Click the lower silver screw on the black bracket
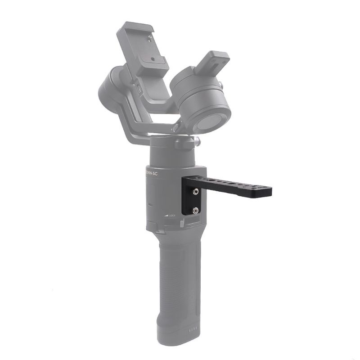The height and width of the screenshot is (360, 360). pos(196,210)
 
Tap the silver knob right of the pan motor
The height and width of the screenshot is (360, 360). pos(197,142)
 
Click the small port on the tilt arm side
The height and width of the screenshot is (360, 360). pos(139,90)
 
